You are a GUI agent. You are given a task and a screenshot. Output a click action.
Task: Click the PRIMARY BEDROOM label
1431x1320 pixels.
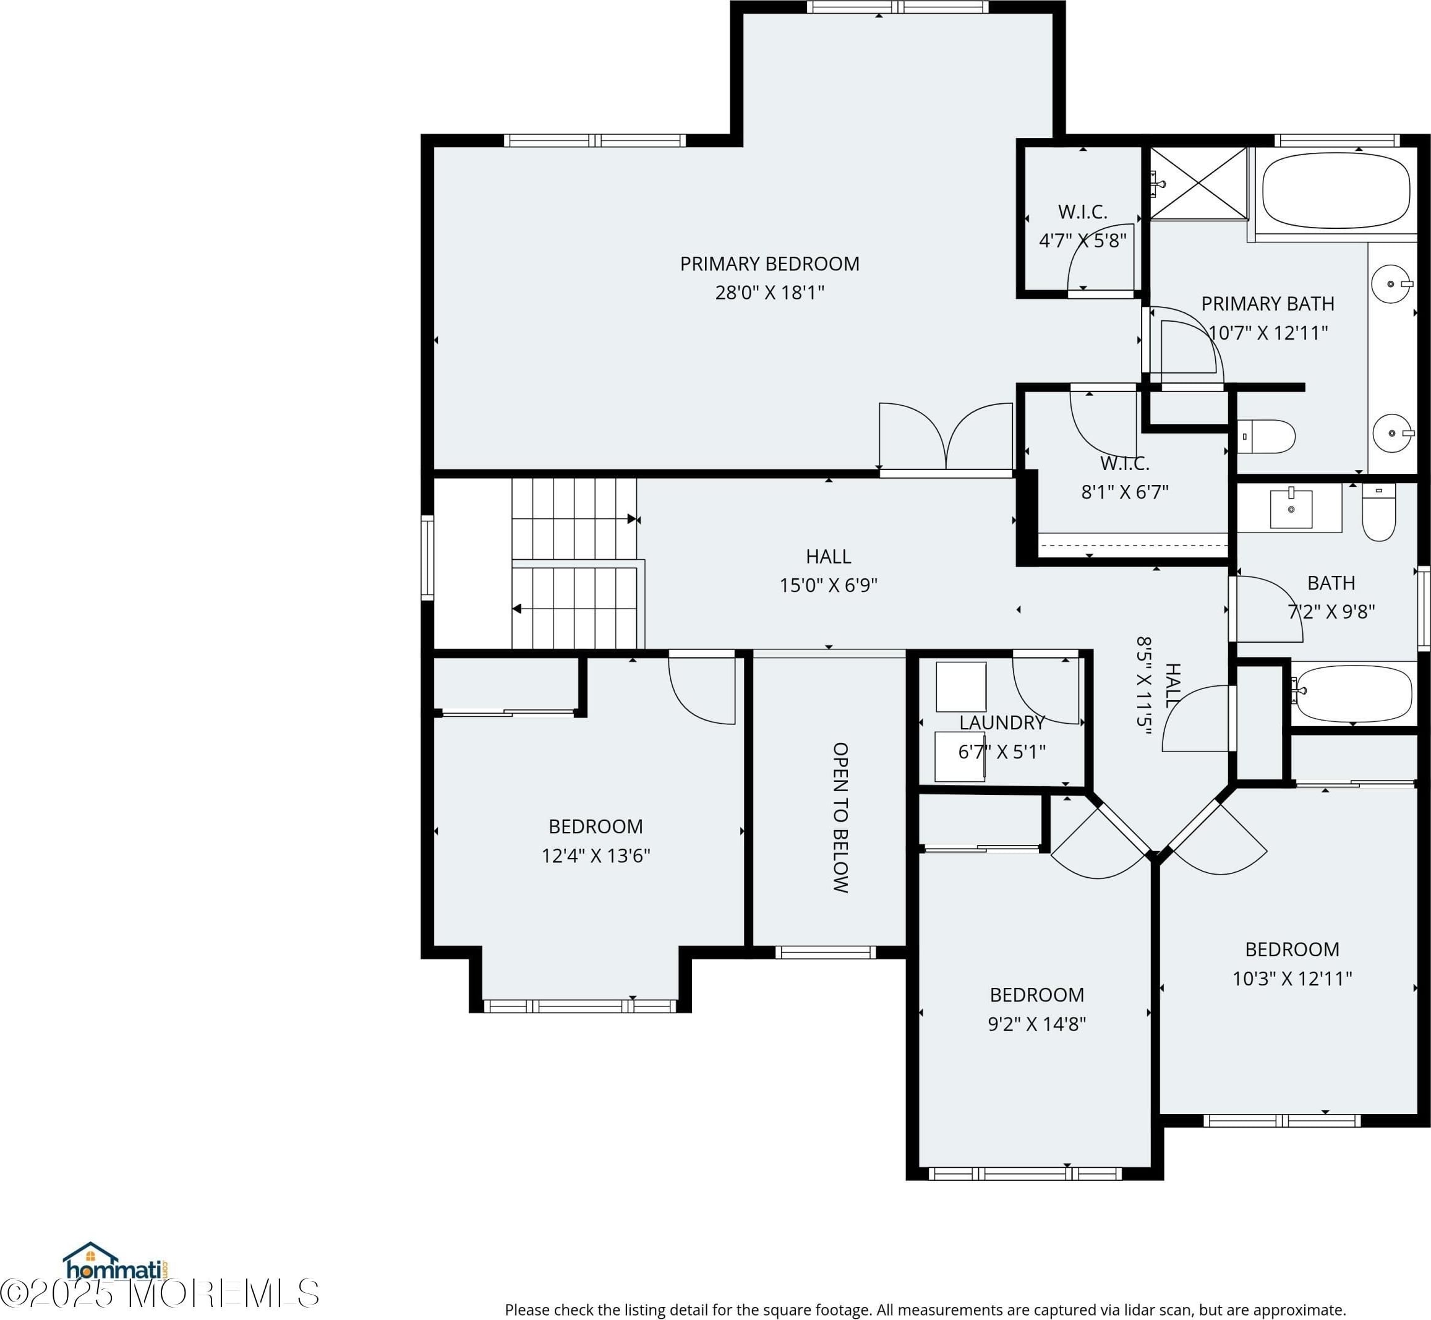click(769, 264)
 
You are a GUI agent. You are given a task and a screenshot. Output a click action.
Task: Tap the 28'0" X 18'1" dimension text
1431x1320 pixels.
click(769, 293)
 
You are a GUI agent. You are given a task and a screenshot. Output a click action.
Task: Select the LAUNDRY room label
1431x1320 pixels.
click(1001, 723)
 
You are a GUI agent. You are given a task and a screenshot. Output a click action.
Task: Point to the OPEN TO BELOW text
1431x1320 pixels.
click(840, 817)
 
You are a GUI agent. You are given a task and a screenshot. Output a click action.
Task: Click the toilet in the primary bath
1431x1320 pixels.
click(1265, 437)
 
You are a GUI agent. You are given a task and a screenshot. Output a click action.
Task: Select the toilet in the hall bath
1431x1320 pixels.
click(1378, 512)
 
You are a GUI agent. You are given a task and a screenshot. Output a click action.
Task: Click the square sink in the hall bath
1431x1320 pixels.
click(1291, 508)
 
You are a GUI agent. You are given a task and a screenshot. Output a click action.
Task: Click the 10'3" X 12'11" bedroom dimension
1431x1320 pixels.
click(1292, 978)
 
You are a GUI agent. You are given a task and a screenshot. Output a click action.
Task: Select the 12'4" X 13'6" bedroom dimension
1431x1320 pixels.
click(596, 855)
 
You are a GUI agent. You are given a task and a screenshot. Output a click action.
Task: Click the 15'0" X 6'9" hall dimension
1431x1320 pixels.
click(827, 586)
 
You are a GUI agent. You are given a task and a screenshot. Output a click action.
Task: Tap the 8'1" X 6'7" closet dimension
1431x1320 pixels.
click(1125, 492)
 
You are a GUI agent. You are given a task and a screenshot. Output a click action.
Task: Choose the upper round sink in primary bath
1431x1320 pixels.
click(1391, 283)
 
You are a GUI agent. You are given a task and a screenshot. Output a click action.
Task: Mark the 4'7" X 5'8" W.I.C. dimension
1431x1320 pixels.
click(1083, 241)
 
